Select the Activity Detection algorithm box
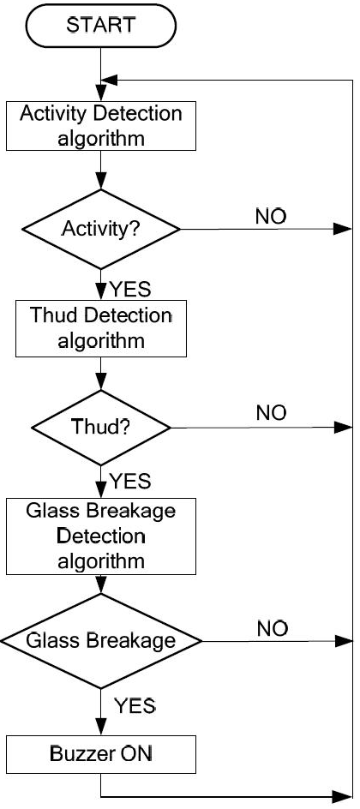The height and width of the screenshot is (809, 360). (x=101, y=126)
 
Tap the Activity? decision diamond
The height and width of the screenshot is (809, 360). (x=101, y=229)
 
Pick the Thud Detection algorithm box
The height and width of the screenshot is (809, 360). (x=101, y=329)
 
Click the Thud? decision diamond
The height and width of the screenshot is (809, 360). (x=101, y=427)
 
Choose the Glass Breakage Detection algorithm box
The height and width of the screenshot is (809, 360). (x=101, y=536)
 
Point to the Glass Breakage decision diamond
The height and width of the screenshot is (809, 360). (x=101, y=641)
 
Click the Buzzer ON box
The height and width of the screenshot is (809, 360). (x=101, y=754)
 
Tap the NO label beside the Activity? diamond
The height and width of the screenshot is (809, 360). (x=271, y=217)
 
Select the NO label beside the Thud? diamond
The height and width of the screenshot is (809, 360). (x=271, y=413)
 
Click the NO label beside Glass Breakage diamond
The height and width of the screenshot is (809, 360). (x=272, y=629)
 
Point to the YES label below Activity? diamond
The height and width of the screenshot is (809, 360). (x=130, y=290)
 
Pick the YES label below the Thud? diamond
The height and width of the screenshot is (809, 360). (x=130, y=482)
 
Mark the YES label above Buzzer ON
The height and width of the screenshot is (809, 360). (x=135, y=704)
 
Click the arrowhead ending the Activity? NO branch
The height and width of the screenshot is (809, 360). (x=343, y=229)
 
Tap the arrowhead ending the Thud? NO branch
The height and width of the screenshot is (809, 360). (x=343, y=427)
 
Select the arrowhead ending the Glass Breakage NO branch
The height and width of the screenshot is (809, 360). (x=343, y=641)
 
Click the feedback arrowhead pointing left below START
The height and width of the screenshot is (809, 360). (x=111, y=80)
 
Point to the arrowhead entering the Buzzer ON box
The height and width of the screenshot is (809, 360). (x=101, y=728)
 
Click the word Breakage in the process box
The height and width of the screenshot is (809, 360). (x=139, y=512)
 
